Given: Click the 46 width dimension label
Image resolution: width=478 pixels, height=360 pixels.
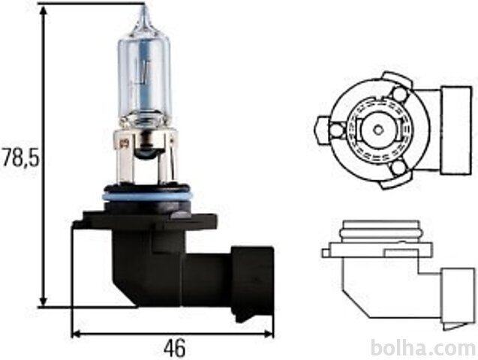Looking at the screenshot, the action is pyautogui.click(x=174, y=348).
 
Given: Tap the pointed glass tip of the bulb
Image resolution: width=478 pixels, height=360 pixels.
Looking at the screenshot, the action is pyautogui.click(x=145, y=12).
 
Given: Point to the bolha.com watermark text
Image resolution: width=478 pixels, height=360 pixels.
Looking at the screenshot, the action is pyautogui.click(x=424, y=348).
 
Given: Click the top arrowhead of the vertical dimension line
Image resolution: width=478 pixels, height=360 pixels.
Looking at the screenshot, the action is pyautogui.click(x=44, y=11).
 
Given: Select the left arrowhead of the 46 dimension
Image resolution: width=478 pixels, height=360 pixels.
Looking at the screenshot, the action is pyautogui.click(x=78, y=334).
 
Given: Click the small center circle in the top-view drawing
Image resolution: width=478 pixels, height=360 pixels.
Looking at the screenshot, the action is pyautogui.click(x=378, y=130).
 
